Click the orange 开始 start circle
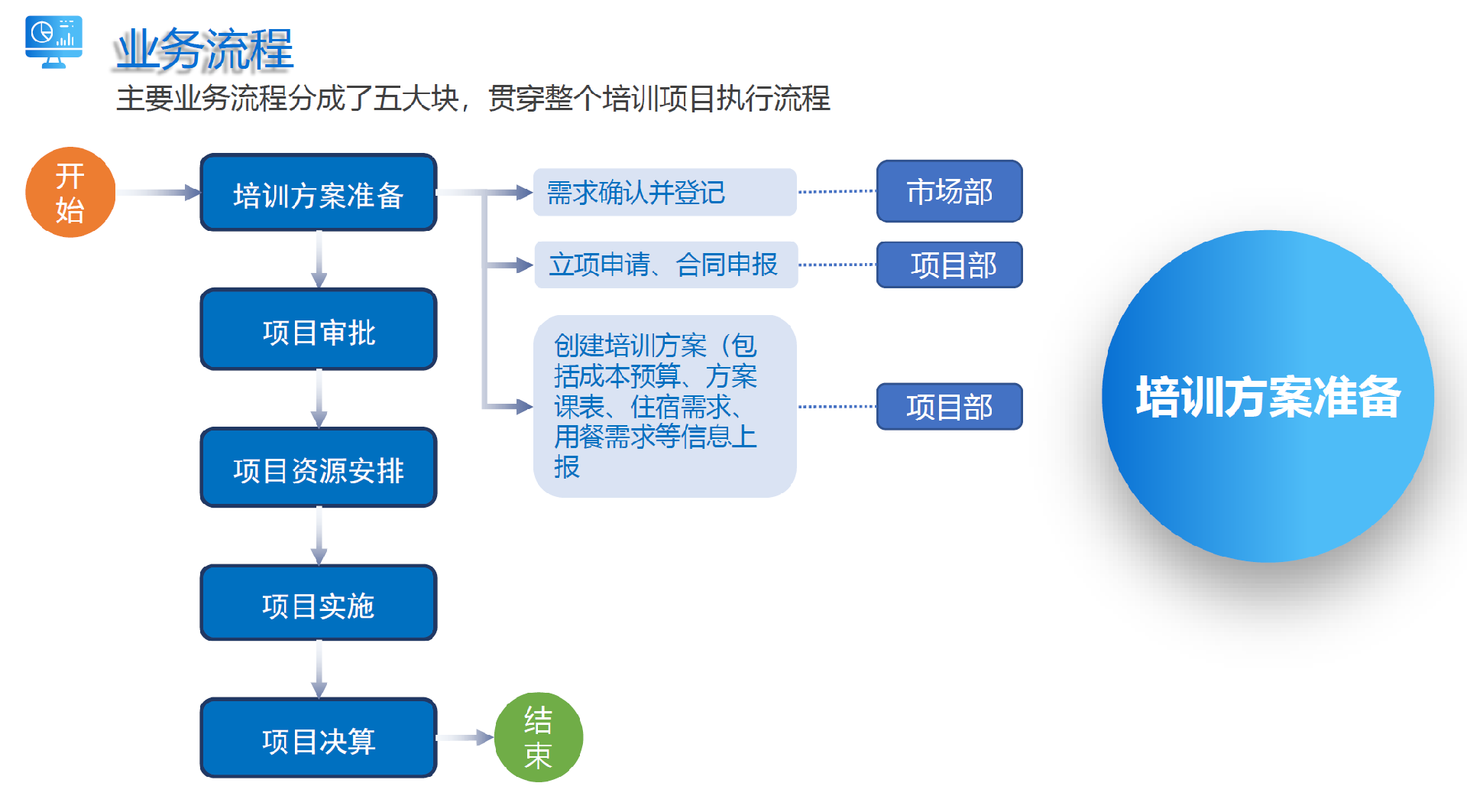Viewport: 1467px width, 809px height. point(70,192)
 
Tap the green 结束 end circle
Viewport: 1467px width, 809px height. point(539,737)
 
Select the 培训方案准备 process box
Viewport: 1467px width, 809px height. point(318,193)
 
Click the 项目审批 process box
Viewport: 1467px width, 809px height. point(318,330)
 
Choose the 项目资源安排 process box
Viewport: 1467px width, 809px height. point(318,467)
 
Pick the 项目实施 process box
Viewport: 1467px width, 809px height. point(318,603)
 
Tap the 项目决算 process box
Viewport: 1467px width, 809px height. point(318,738)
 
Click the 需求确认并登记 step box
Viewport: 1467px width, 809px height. point(664,192)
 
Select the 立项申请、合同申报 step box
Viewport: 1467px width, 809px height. point(665,265)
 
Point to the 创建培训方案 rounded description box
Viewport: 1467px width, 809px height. point(664,406)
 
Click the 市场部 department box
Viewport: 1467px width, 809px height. point(949,191)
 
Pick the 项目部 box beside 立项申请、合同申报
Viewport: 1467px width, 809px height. point(949,265)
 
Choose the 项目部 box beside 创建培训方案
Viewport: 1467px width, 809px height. point(949,406)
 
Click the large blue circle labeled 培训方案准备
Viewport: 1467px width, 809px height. point(1268,396)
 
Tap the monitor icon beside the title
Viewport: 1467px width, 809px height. point(53,42)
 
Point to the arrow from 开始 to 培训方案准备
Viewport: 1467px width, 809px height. point(157,193)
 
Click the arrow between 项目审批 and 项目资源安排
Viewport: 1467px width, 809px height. point(319,398)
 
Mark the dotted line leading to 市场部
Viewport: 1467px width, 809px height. point(837,191)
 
